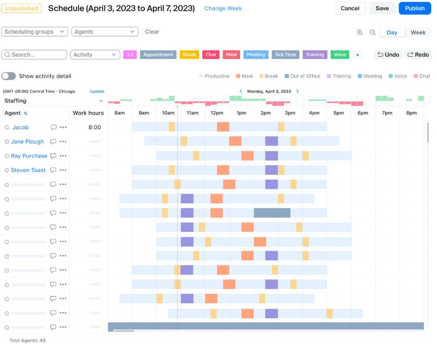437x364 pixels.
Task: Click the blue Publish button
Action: tap(415, 8)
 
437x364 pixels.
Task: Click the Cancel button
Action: tap(350, 8)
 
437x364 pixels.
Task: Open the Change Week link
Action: tap(223, 8)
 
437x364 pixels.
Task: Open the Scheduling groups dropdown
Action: tap(35, 32)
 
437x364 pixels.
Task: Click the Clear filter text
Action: tap(152, 32)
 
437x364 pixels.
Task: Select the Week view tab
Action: tap(418, 33)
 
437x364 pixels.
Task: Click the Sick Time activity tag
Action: tap(285, 55)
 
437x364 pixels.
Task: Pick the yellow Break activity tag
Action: tap(189, 55)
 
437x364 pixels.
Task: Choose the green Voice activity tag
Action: tap(340, 55)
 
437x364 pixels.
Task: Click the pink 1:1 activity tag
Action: tap(130, 55)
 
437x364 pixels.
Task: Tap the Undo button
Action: tap(388, 55)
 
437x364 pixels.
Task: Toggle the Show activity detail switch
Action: tap(9, 76)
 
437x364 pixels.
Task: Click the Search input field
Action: tap(34, 55)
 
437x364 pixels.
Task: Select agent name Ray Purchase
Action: tap(29, 156)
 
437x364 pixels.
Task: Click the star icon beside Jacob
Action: tap(7, 128)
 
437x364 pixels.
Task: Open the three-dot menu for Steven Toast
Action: tap(63, 170)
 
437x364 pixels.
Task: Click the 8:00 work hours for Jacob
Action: tap(95, 128)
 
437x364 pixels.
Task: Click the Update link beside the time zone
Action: tap(97, 91)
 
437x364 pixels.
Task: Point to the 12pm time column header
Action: tap(217, 113)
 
